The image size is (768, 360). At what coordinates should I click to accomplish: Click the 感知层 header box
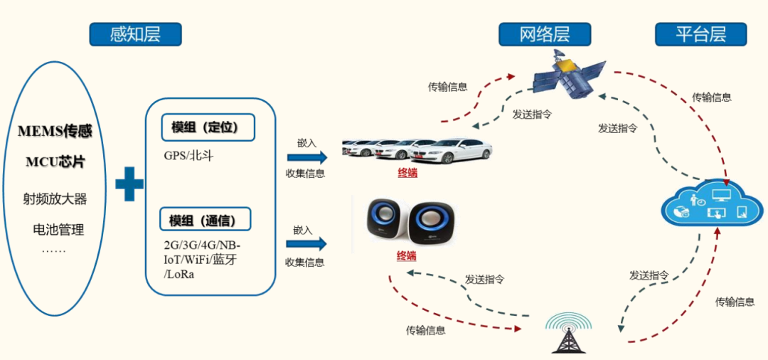tap(135, 34)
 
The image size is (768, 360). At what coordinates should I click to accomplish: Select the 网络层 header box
tap(545, 34)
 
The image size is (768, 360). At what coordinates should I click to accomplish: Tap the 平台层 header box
tap(700, 34)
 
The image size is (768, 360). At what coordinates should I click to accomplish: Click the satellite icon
tap(570, 78)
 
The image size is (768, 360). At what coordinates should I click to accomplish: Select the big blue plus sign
tap(129, 184)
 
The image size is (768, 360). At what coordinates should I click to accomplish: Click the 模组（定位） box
tap(208, 128)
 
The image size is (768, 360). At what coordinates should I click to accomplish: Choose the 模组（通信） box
tap(208, 220)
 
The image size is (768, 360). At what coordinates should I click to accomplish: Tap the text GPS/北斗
tap(188, 155)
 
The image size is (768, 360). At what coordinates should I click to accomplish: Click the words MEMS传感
tap(55, 132)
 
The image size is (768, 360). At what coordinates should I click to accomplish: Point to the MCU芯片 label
tap(55, 162)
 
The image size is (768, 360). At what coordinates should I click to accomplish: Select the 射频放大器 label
tap(55, 198)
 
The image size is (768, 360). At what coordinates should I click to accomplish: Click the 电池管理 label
tap(58, 229)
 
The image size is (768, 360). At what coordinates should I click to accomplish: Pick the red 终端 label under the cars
tap(407, 173)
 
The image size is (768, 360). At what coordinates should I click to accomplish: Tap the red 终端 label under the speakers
tap(406, 256)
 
